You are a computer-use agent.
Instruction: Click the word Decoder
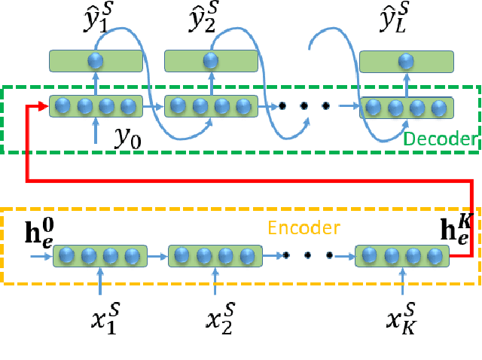coord(439,139)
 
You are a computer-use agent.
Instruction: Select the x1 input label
coord(103,319)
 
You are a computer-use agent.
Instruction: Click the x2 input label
coord(218,319)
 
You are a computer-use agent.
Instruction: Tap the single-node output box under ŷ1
coord(96,61)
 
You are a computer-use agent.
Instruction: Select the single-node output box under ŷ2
coord(211,61)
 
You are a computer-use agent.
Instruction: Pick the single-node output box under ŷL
coord(407,61)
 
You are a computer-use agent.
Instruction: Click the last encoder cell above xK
coord(402,257)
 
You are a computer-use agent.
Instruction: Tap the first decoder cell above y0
coord(96,107)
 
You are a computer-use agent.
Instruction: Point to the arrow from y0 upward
coord(96,130)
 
